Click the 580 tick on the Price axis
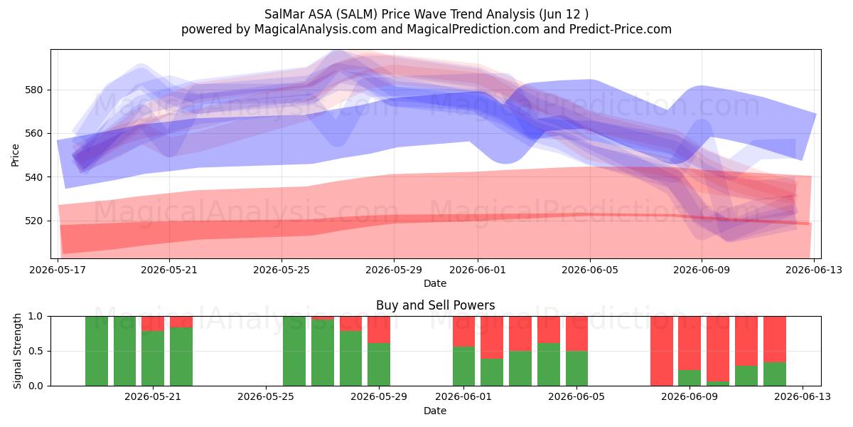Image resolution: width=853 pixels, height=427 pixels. [34, 90]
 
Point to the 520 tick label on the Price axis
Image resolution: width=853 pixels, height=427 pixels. [34, 221]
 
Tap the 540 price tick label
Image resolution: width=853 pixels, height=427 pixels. [34, 177]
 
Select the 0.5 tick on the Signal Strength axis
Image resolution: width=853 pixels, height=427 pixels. [36, 351]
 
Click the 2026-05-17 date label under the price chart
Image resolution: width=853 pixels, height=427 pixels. [58, 270]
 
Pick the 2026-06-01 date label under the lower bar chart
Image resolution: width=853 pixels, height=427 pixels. [463, 397]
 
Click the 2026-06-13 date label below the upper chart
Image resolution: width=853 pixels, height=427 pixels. [814, 270]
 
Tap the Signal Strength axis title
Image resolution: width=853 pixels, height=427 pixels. [17, 351]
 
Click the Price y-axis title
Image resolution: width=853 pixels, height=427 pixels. [15, 155]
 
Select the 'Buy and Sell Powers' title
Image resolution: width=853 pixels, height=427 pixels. [435, 305]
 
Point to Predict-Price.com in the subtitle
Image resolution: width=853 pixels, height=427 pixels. [621, 29]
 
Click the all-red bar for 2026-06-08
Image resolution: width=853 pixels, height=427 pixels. [662, 351]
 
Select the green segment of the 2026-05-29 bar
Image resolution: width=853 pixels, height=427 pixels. [379, 364]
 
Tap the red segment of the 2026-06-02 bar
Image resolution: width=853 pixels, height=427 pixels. [492, 337]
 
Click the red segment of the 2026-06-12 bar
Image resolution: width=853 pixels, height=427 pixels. [775, 339]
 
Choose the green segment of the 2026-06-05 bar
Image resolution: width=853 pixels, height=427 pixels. [576, 369]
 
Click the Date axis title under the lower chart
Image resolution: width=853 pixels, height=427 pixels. [435, 411]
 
